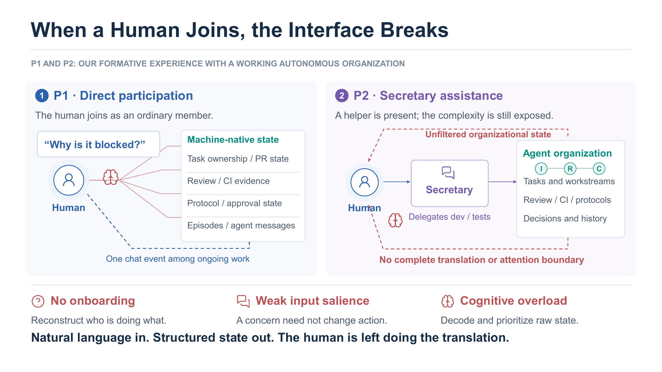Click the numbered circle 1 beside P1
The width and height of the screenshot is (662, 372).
coord(42,96)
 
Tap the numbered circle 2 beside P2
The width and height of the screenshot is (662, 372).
coord(342,96)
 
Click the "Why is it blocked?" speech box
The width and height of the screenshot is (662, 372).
coord(98,144)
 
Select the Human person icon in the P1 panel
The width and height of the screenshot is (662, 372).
coord(69,180)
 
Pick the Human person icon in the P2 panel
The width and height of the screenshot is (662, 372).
coord(364,182)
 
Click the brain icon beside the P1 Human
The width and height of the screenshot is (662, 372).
coord(111,177)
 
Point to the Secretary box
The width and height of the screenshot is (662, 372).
coord(450,183)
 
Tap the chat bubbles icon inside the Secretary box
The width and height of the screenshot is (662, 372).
coord(448,172)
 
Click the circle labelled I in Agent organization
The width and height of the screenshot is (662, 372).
coord(541,169)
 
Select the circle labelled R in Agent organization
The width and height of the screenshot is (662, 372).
coord(570,169)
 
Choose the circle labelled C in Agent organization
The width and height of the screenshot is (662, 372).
coord(599,169)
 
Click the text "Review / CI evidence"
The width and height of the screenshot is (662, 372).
coord(228,181)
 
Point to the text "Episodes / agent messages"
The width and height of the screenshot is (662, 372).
coord(241,225)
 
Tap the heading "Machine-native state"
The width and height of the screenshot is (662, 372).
coord(233,139)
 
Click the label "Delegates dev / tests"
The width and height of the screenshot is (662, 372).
coord(450,217)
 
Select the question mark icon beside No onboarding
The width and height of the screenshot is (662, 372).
coord(38,301)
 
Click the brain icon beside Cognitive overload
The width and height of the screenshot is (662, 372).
coord(447,301)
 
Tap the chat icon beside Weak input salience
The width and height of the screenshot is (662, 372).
coord(243,301)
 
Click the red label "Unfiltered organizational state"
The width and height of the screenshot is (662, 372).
coord(488,134)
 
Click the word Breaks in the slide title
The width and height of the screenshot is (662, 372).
coord(414,30)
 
